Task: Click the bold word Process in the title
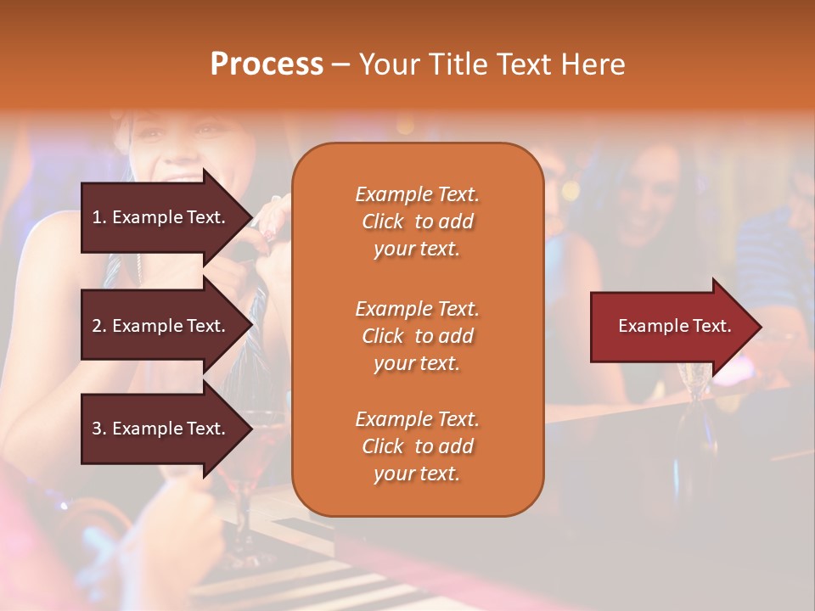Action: [267, 64]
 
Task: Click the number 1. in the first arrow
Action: [99, 217]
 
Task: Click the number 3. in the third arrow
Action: [99, 429]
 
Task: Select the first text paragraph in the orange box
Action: [417, 221]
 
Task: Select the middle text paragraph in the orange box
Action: [417, 336]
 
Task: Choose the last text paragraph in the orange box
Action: [417, 446]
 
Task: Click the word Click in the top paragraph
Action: [383, 221]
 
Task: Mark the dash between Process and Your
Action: [340, 65]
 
